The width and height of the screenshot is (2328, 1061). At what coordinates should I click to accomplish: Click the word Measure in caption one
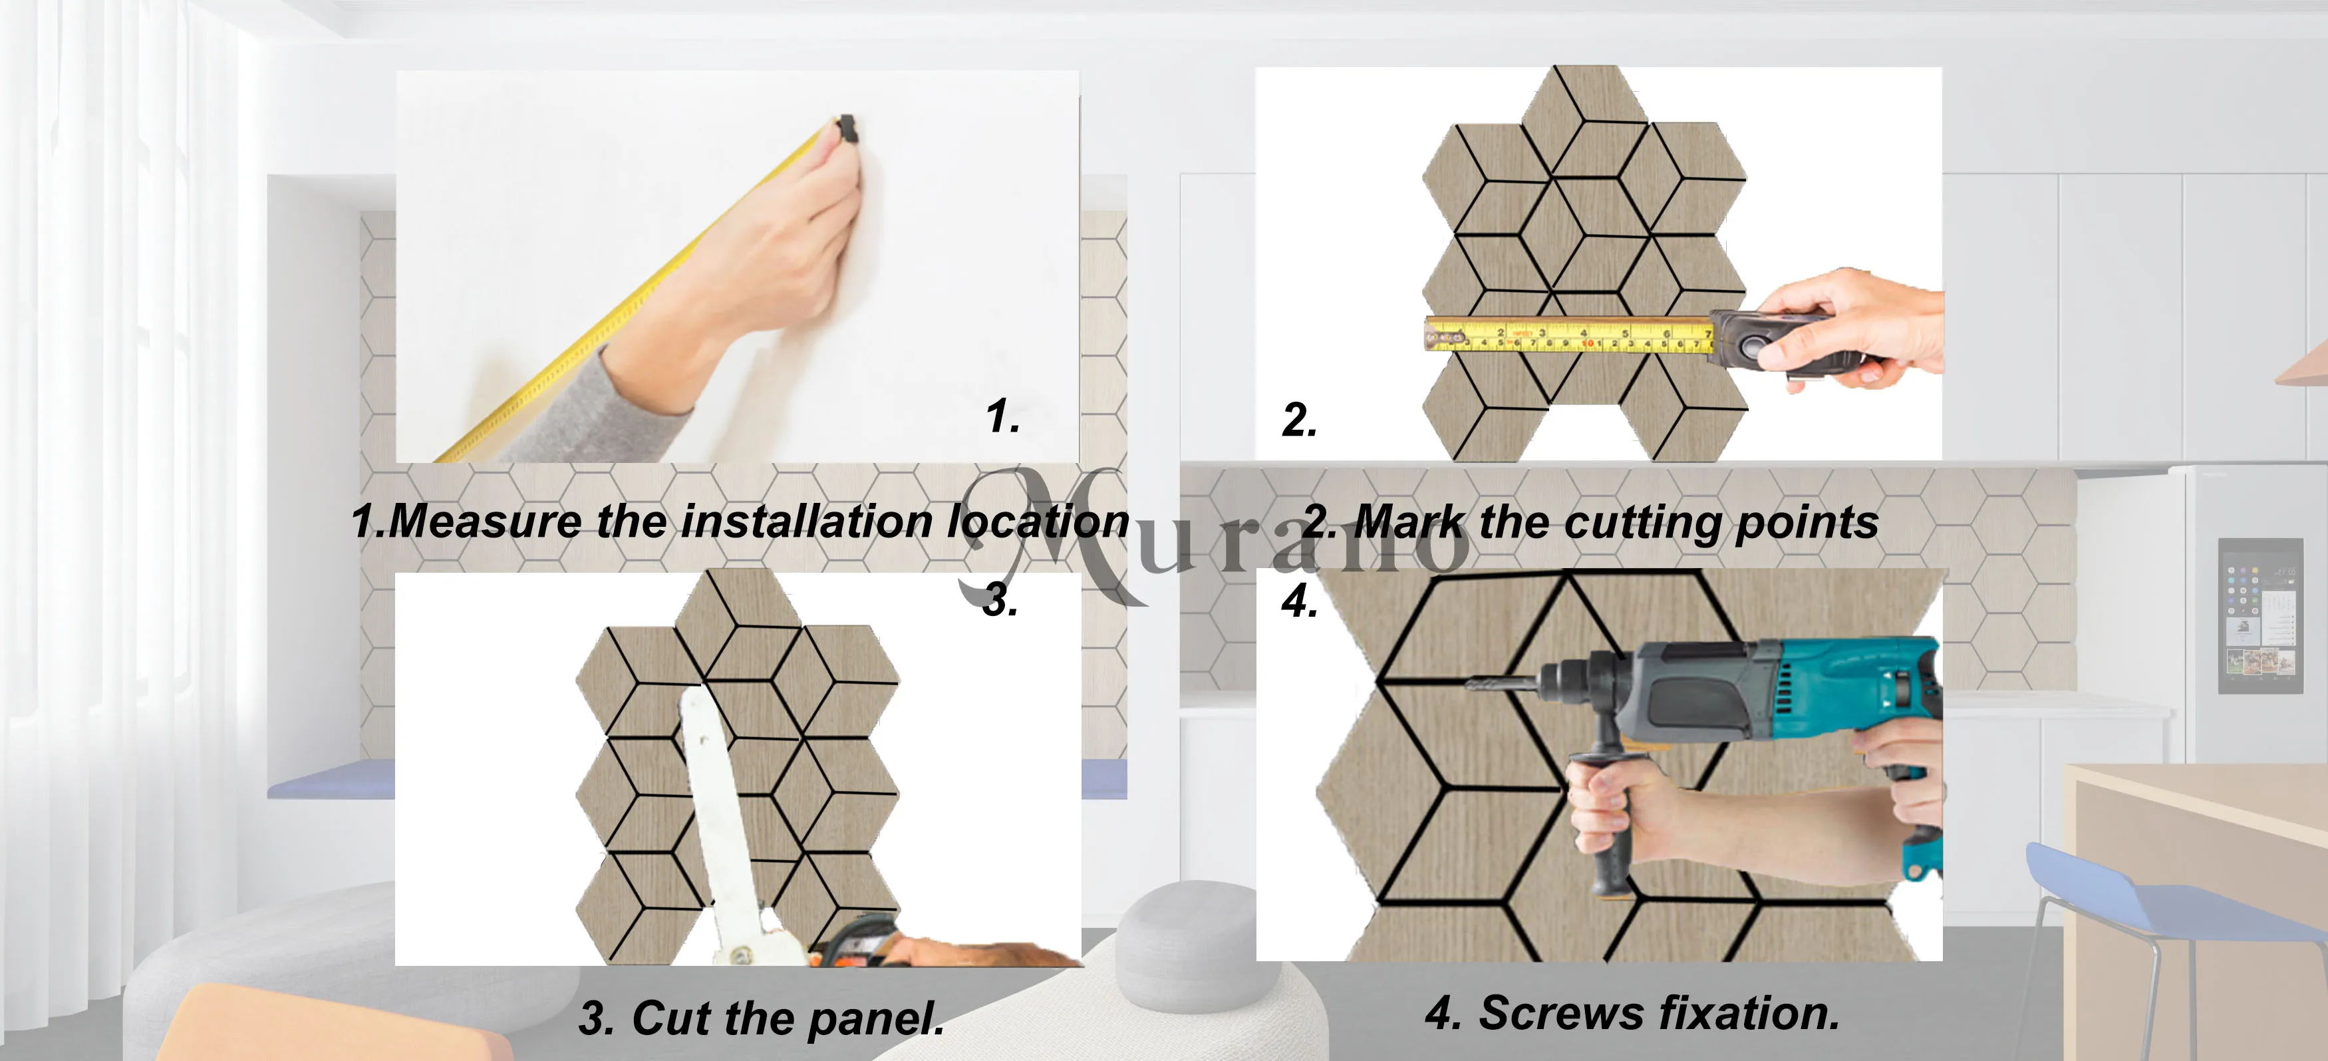click(486, 522)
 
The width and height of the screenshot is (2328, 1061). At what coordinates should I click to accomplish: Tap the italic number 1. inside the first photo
click(1003, 416)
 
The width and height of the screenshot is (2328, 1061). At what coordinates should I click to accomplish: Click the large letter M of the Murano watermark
click(1048, 533)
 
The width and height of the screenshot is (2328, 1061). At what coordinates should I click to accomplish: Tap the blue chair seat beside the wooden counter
click(2169, 895)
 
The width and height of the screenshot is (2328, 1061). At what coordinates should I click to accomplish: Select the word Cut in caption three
click(670, 1018)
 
